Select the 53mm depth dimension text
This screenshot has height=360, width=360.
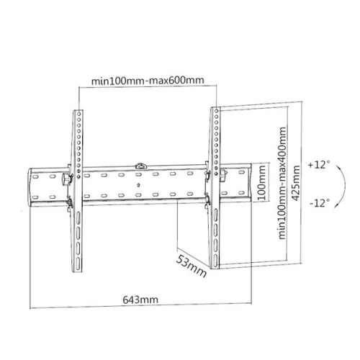pyautogui.click(x=191, y=264)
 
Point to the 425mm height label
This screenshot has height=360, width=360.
pyautogui.click(x=297, y=182)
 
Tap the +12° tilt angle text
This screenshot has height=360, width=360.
pyautogui.click(x=317, y=164)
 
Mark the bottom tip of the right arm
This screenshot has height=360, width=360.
pyautogui.click(x=214, y=265)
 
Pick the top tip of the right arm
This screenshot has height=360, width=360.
pyautogui.click(x=214, y=109)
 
